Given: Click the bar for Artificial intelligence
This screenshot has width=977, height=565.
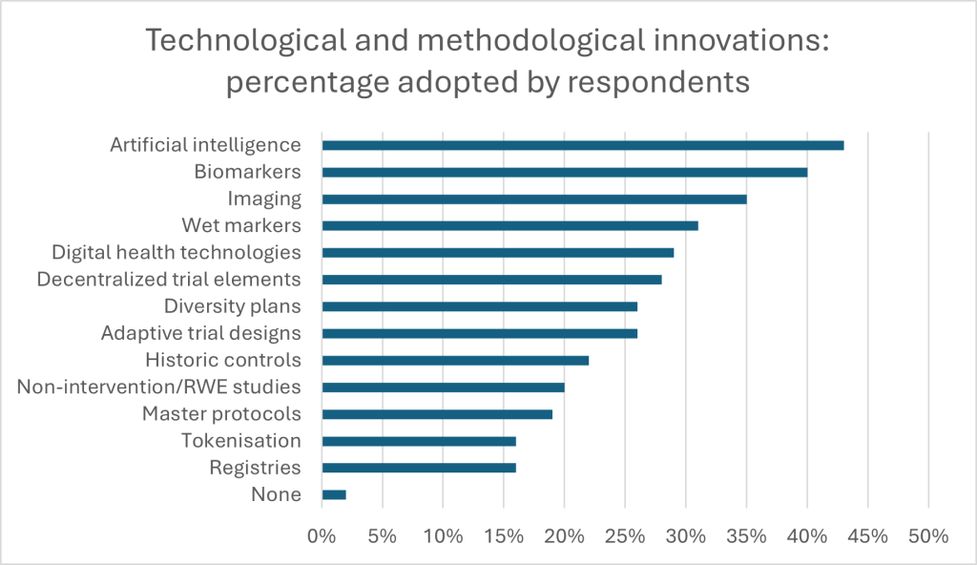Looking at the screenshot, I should [582, 145].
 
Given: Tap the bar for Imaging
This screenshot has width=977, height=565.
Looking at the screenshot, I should [534, 199].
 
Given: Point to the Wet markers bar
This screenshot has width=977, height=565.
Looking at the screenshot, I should [509, 225].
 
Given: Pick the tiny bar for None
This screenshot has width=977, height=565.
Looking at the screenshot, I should [334, 494].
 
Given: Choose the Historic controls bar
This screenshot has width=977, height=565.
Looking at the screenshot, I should [455, 360].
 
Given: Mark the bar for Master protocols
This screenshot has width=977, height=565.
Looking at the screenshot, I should [437, 414].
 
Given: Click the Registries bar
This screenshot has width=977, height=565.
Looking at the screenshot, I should [419, 468].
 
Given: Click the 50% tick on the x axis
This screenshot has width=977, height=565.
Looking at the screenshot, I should [927, 536].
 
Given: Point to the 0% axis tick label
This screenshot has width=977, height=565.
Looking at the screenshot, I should [322, 536].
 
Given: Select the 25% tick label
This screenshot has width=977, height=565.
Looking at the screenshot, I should [624, 536].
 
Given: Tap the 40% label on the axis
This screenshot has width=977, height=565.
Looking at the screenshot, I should [806, 536].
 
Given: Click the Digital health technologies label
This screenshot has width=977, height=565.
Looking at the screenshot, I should [177, 253].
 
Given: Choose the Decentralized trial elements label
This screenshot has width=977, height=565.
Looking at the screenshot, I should [169, 280].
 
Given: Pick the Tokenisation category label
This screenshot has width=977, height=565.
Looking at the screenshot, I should [241, 441].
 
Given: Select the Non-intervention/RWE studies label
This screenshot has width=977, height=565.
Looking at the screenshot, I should [159, 387].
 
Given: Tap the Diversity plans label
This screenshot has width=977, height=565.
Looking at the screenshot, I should [232, 306].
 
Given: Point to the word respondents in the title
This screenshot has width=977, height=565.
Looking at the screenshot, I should [658, 83].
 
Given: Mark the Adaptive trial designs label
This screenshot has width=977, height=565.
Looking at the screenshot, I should [200, 333].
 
